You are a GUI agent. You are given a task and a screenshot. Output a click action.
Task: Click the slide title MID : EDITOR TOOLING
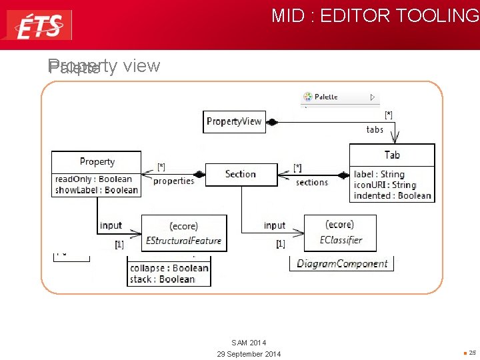click(375, 16)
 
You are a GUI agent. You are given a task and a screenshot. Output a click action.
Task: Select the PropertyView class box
click(234, 121)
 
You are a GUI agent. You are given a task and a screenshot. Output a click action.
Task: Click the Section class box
click(240, 174)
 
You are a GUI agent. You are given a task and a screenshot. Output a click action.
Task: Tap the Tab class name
click(392, 155)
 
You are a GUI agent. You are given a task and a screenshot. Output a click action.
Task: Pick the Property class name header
click(97, 161)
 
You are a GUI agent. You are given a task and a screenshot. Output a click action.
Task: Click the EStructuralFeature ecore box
click(184, 233)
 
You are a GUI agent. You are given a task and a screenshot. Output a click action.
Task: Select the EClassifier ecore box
click(340, 233)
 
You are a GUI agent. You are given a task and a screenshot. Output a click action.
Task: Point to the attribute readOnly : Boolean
click(94, 179)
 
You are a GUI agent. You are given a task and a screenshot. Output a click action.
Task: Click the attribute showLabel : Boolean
click(97, 190)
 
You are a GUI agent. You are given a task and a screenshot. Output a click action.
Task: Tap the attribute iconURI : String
click(385, 185)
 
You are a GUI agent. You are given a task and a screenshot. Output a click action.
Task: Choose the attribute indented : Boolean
click(393, 195)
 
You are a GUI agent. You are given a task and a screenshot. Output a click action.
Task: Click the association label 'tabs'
click(375, 129)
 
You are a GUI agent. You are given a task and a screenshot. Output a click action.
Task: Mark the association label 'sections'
click(312, 182)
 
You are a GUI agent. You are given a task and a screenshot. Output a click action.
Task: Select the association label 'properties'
click(173, 181)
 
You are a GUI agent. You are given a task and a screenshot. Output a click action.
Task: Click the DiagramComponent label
click(342, 263)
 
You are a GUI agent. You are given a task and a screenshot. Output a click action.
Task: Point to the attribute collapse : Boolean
click(169, 268)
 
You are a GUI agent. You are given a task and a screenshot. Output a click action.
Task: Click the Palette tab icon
click(308, 97)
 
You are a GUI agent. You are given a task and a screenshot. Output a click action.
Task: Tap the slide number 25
click(472, 353)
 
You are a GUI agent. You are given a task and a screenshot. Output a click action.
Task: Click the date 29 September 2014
click(249, 353)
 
